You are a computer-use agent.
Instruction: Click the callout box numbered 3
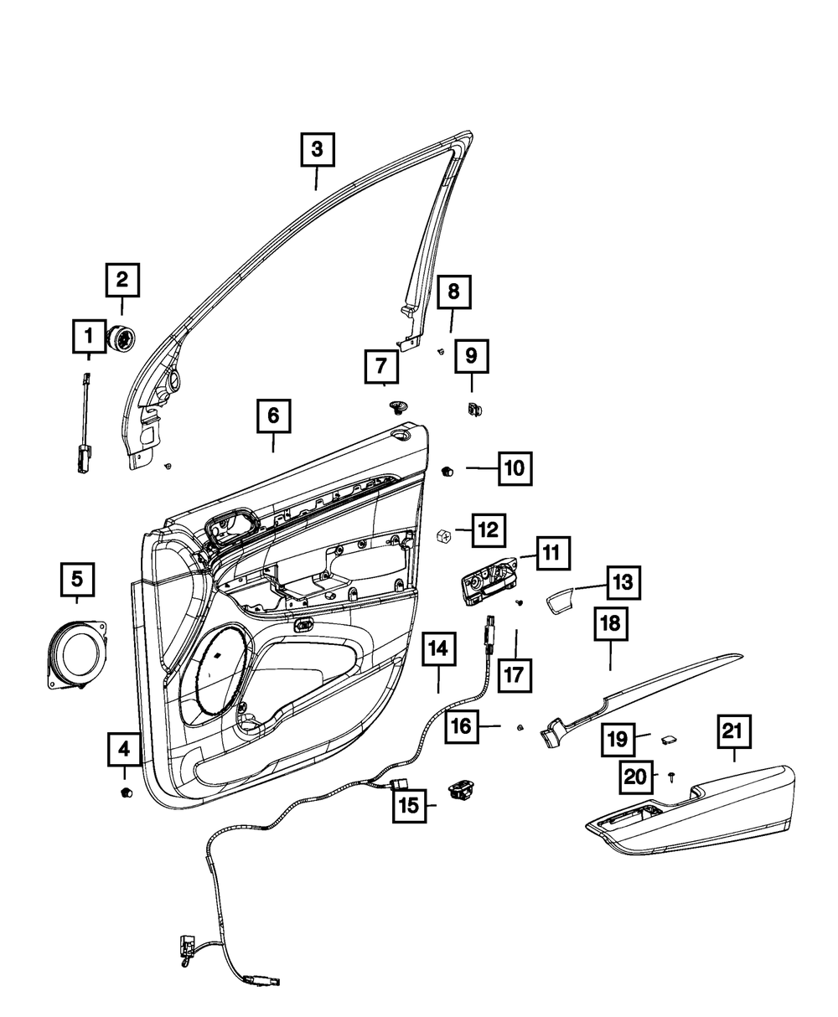pos(317,151)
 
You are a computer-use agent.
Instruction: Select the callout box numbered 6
pos(273,416)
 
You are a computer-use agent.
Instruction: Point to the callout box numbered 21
pos(732,731)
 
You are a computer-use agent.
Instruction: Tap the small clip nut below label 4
pos(126,792)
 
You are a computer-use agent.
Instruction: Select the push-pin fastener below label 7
pos(397,408)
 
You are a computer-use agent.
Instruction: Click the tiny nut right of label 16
pos(520,727)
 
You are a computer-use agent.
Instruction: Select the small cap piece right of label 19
pos(670,738)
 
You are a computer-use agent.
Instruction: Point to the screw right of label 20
pos(673,778)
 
